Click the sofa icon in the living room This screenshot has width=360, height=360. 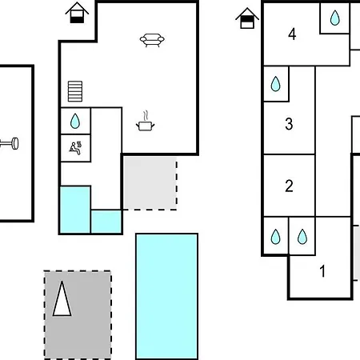pyautogui.click(x=152, y=40)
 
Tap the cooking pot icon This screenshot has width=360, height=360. pyautogui.click(x=146, y=126)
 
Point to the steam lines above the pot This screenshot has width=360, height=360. pyautogui.click(x=146, y=116)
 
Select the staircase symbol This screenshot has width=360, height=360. pyautogui.click(x=75, y=91)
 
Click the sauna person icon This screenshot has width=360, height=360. pyautogui.click(x=75, y=148)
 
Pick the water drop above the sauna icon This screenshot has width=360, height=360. pyautogui.click(x=75, y=121)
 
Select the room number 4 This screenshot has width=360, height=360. pyautogui.click(x=292, y=34)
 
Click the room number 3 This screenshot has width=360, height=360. pyautogui.click(x=289, y=124)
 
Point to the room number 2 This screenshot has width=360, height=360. pyautogui.click(x=289, y=186)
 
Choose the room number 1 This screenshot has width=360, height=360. pyautogui.click(x=322, y=271)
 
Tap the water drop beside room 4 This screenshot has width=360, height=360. pyautogui.click(x=335, y=18)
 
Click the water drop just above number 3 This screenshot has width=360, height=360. pyautogui.click(x=276, y=84)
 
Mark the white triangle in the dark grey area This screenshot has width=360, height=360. pyautogui.click(x=62, y=298)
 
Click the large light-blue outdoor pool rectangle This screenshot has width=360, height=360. pyautogui.click(x=167, y=296)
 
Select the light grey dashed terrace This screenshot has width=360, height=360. pyautogui.click(x=150, y=183)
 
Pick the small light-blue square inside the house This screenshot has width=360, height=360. pyautogui.click(x=106, y=222)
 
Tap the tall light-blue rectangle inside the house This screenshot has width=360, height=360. pyautogui.click(x=75, y=210)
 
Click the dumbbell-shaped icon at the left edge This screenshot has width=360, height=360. pyautogui.click(x=10, y=144)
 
